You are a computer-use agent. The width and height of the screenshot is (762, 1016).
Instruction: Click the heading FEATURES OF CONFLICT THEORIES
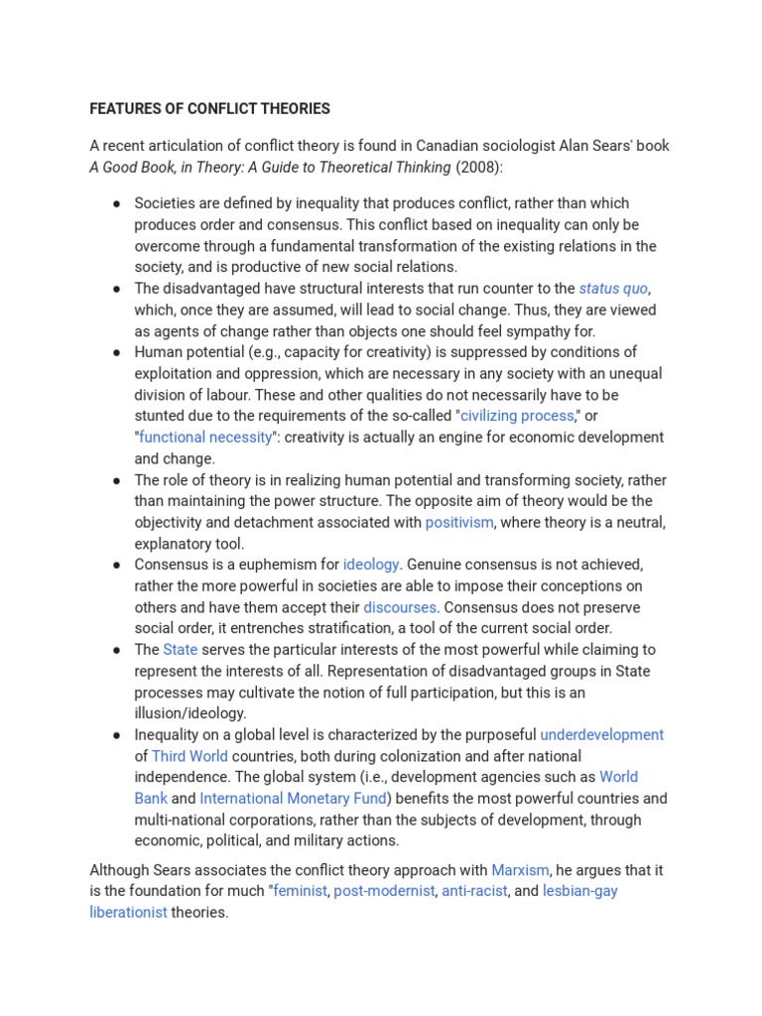[209, 108]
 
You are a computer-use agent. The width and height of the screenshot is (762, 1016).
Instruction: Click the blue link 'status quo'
[613, 288]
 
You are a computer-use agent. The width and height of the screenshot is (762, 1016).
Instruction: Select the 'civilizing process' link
[516, 415]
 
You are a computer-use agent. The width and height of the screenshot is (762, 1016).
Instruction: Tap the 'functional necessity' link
[204, 437]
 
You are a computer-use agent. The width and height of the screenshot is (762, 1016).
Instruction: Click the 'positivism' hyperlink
[459, 522]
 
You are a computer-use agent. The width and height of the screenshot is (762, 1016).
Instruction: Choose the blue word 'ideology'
[371, 564]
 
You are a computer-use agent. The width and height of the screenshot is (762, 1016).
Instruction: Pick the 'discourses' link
[400, 606]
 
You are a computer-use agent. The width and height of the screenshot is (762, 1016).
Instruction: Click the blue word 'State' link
[181, 649]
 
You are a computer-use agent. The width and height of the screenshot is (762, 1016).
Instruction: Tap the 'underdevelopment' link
[601, 734]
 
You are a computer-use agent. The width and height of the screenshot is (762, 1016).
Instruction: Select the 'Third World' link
[190, 756]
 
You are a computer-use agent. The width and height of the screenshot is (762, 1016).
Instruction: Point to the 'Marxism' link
[520, 870]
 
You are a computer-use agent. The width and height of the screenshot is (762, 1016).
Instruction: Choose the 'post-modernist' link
[384, 891]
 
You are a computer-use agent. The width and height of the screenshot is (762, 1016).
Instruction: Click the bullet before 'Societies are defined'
[117, 203]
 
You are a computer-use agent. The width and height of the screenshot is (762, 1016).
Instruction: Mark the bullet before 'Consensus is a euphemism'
[117, 565]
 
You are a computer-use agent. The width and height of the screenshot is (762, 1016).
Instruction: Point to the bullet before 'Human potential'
[117, 352]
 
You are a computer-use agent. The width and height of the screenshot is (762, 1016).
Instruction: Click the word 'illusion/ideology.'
[190, 712]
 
